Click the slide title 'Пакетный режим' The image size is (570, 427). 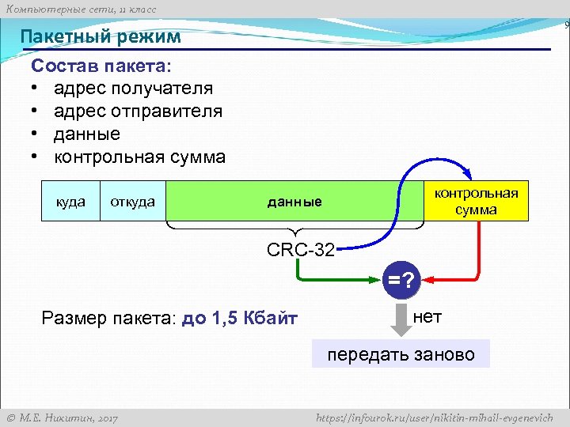point(101,36)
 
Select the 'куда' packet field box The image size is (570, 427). point(70,202)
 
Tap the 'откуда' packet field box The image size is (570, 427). point(132,202)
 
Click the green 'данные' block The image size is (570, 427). point(294,202)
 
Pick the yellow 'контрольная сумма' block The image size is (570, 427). point(476,201)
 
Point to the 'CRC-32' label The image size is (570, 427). point(300,251)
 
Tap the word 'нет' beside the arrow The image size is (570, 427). point(427,317)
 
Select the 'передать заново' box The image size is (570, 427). point(401,354)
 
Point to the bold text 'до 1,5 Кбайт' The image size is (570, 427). point(240,319)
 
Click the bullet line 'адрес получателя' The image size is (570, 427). point(133,88)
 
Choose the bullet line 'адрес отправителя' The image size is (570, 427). point(138,111)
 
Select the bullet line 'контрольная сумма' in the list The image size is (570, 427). point(139,157)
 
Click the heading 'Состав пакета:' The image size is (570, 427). point(101,65)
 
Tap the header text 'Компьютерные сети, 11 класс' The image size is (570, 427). point(81,9)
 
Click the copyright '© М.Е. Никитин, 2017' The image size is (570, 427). point(62,418)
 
